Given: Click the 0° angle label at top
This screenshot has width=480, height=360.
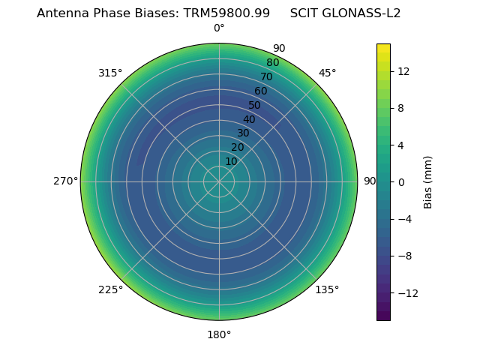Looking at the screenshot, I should (x=219, y=28).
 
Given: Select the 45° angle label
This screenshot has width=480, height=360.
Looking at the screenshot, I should (x=327, y=73).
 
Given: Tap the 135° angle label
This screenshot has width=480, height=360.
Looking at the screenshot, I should (x=327, y=289).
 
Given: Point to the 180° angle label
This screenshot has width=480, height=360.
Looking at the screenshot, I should (x=219, y=334).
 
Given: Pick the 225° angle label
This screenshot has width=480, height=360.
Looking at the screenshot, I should (x=110, y=289).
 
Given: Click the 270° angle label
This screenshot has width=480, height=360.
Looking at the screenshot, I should (x=65, y=181).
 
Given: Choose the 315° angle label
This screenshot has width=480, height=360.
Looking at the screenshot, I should (x=110, y=73).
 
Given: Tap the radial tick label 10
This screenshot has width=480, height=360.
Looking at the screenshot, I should (x=231, y=161).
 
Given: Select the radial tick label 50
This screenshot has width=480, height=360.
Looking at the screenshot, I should (x=255, y=105).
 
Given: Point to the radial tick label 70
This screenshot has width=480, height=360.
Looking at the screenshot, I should (x=266, y=76).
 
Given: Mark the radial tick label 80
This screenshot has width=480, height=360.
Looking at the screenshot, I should (x=272, y=63).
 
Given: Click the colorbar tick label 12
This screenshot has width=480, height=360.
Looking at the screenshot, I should (x=403, y=71).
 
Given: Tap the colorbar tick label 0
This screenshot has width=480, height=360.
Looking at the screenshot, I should (x=400, y=181).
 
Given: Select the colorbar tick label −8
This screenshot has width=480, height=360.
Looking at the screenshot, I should (x=403, y=256).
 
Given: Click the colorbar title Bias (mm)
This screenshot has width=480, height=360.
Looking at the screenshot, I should (x=428, y=181).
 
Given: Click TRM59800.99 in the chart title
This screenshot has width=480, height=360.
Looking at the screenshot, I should (x=226, y=13).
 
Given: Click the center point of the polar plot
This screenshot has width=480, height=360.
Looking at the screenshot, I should (x=219, y=181).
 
